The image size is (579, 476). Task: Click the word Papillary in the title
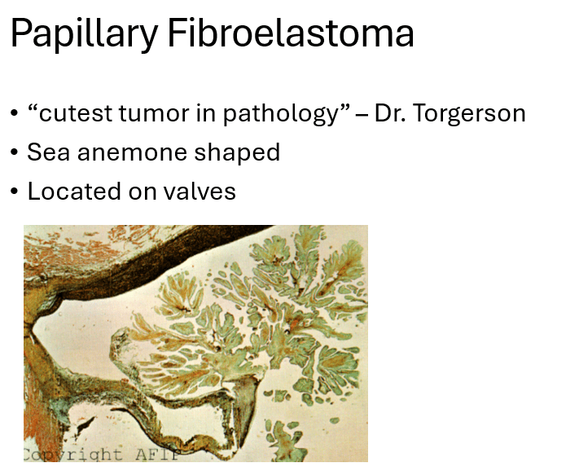pos(85,34)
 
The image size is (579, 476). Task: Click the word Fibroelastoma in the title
pos(291,33)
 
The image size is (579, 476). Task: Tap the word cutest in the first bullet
pos(75,113)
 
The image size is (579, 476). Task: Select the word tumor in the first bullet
pos(154,113)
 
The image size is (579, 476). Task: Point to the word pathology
pos(282,114)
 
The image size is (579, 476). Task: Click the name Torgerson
pos(468,114)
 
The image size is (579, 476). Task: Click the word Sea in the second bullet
pos(48,152)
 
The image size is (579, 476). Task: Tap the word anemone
pos(132,153)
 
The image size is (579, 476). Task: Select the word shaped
pos(237,153)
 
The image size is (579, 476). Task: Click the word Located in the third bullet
pos(74,192)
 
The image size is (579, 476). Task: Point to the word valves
pos(200,192)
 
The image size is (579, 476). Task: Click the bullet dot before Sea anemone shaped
pos(15,152)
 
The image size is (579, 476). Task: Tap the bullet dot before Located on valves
pos(15,192)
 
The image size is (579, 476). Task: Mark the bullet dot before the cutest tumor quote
pos(15,113)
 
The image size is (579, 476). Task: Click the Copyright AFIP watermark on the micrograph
pos(102,454)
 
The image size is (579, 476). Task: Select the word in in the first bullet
pos(206,113)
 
